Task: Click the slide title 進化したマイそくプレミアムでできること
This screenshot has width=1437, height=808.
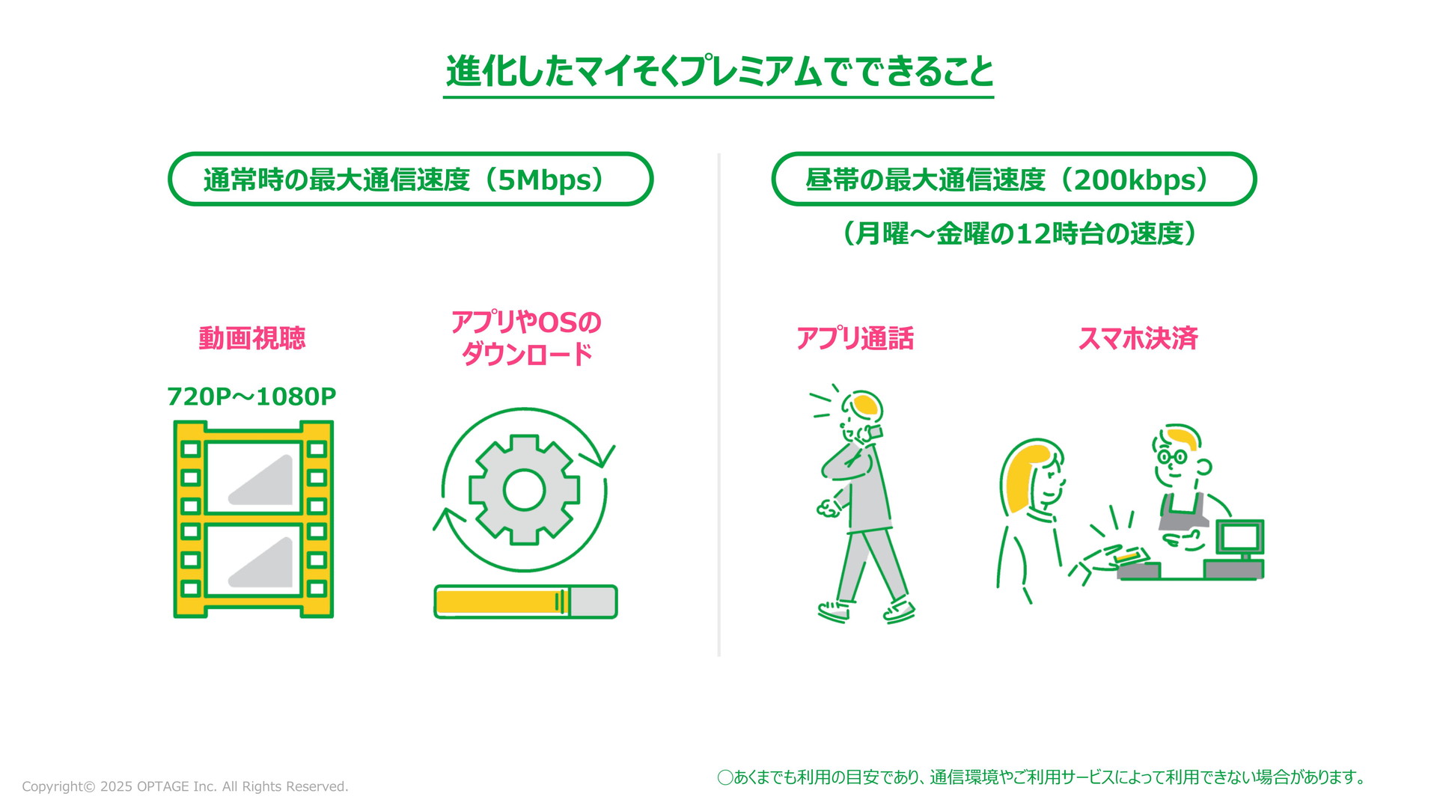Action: [718, 72]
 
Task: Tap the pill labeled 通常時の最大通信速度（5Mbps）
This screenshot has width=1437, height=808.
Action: [410, 179]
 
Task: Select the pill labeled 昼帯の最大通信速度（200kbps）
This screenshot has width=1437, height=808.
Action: [1013, 179]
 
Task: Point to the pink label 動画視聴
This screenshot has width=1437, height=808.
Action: [251, 338]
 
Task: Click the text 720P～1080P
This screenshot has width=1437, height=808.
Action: [251, 397]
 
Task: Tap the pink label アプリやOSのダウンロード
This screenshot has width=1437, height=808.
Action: [526, 338]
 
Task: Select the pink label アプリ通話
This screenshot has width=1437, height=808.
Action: [855, 338]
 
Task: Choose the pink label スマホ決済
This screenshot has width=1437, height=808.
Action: [1138, 338]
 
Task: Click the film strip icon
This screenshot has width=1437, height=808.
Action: [254, 519]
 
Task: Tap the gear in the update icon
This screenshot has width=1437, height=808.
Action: [524, 490]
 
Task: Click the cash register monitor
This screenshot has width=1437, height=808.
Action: [1239, 537]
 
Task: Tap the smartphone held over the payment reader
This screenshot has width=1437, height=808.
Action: [1130, 556]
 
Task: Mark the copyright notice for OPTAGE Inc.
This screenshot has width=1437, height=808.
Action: [185, 786]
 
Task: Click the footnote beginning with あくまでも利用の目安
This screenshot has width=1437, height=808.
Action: [1041, 777]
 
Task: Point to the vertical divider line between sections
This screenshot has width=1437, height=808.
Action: [718, 405]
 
